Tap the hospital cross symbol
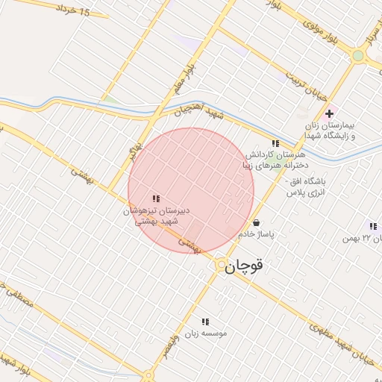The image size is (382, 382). tap(329, 113)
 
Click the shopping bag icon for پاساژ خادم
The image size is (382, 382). tap(257, 222)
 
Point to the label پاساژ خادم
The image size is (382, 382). tap(257, 234)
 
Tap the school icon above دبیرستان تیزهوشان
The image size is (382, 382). tap(156, 198)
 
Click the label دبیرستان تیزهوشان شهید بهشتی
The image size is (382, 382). tap(157, 216)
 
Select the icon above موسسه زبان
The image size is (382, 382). tap(205, 322)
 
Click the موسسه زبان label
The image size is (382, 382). tap(209, 333)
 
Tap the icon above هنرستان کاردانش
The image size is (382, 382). tap(275, 143)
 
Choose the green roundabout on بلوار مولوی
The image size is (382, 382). tap(358, 55)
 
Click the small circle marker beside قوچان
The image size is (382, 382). tap(222, 265)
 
